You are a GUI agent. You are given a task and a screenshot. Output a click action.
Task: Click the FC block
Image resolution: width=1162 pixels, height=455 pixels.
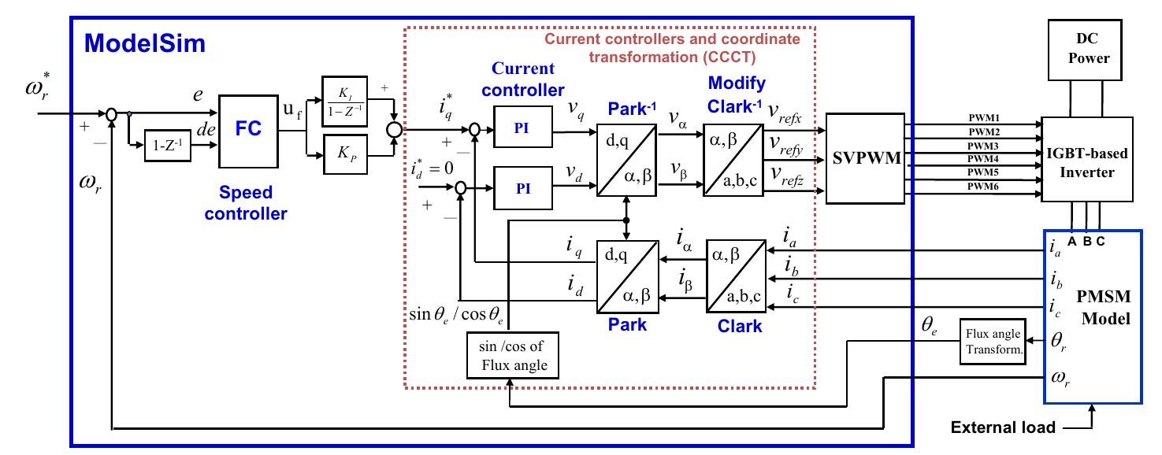tap(247, 131)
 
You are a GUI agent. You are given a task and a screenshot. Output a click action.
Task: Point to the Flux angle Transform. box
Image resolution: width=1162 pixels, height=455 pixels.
tap(993, 342)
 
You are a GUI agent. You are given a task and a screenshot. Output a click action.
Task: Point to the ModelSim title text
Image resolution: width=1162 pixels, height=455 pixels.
tap(145, 43)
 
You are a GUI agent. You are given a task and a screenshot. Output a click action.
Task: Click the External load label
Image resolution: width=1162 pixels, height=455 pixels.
tap(1003, 428)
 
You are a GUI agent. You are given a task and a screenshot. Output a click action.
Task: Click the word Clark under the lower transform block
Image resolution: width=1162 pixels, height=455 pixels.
tap(740, 325)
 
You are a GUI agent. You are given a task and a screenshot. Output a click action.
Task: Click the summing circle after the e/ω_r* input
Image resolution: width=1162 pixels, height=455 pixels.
tap(113, 114)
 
